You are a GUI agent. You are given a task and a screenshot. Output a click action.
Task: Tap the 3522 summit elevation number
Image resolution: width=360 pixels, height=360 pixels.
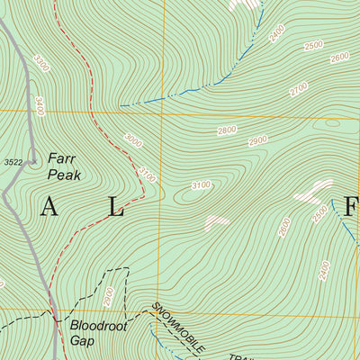coord(13,162)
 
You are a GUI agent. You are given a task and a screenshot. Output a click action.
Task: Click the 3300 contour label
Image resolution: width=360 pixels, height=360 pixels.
coord(40,65)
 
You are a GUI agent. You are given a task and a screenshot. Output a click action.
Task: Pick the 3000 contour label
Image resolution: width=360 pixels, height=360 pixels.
coord(134,141)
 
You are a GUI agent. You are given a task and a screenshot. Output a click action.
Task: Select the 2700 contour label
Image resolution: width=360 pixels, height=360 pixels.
coord(298,89)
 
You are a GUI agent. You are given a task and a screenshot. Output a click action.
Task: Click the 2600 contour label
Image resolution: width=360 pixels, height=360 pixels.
coord(339,58)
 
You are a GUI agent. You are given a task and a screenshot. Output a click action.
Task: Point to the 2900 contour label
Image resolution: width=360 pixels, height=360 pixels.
coord(258,141)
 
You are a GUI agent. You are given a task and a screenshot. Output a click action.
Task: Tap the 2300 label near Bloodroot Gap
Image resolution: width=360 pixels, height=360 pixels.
coord(110,294)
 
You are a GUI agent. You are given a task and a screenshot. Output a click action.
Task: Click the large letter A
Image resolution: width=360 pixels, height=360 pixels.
coord(49,208)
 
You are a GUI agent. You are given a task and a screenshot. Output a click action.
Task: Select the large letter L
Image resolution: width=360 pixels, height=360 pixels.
coord(116,208)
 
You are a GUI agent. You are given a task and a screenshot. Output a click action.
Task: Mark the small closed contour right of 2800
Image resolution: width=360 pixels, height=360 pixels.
coord(333,123)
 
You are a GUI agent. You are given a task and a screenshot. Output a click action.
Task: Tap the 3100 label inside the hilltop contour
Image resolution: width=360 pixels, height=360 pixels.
coord(201,185)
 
